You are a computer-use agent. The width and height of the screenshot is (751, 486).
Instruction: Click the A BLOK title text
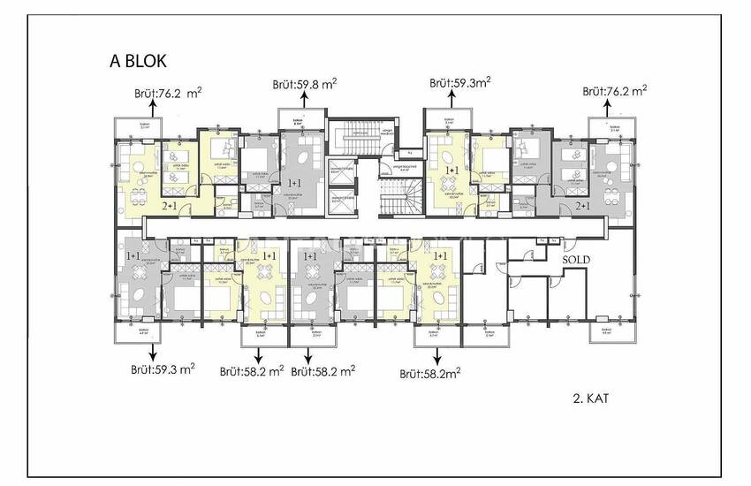coord(132,61)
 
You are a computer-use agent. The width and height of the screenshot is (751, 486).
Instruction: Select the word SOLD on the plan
coord(578,259)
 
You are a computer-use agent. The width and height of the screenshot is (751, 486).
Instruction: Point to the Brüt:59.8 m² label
coord(304,84)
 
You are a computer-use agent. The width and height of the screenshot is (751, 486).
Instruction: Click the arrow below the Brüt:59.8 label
coord(304,103)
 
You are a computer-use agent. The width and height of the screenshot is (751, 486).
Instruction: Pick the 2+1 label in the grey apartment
coord(583,205)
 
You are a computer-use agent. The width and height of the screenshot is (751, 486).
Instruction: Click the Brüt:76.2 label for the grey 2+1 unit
coord(615,90)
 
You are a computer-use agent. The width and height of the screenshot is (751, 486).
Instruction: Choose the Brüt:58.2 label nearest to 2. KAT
coord(432,374)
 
